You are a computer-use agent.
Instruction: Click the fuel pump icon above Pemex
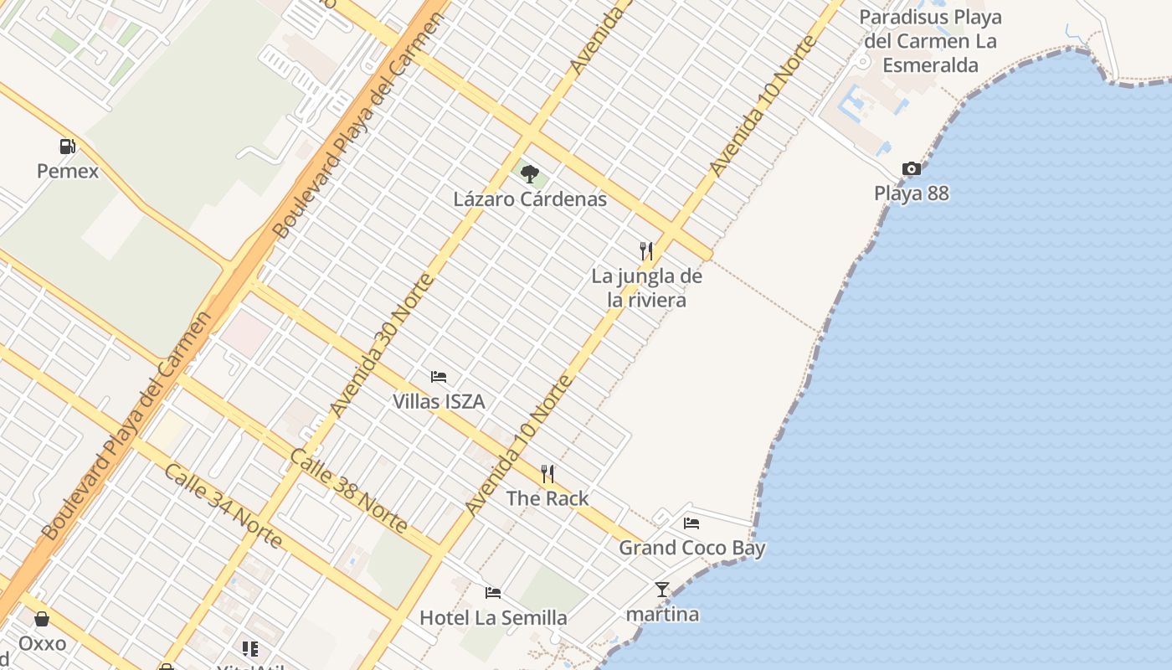tap(68, 147)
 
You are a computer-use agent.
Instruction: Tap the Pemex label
tap(68, 172)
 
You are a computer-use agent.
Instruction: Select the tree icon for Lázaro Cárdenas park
tap(529, 174)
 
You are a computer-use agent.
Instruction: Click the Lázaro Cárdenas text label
tap(530, 199)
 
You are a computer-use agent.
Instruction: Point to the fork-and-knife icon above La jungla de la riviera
tap(646, 250)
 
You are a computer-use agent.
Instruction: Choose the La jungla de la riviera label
tap(647, 288)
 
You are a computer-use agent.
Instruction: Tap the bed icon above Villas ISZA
tap(439, 377)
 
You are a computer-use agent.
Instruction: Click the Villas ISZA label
tap(439, 402)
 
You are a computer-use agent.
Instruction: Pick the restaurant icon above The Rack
tap(547, 474)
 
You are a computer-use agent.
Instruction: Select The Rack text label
tap(547, 498)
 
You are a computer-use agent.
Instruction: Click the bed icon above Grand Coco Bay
tap(691, 523)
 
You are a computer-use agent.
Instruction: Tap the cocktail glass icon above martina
tap(662, 590)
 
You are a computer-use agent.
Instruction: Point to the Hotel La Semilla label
tap(493, 618)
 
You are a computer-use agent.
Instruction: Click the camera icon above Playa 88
tap(912, 169)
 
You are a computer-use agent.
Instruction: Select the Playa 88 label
tap(912, 193)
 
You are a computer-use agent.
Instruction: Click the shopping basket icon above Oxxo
tap(42, 620)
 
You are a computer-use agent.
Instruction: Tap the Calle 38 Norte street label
tap(348, 492)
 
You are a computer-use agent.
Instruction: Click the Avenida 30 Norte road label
tap(382, 345)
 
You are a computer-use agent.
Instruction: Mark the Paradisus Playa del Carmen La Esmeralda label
tap(930, 41)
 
